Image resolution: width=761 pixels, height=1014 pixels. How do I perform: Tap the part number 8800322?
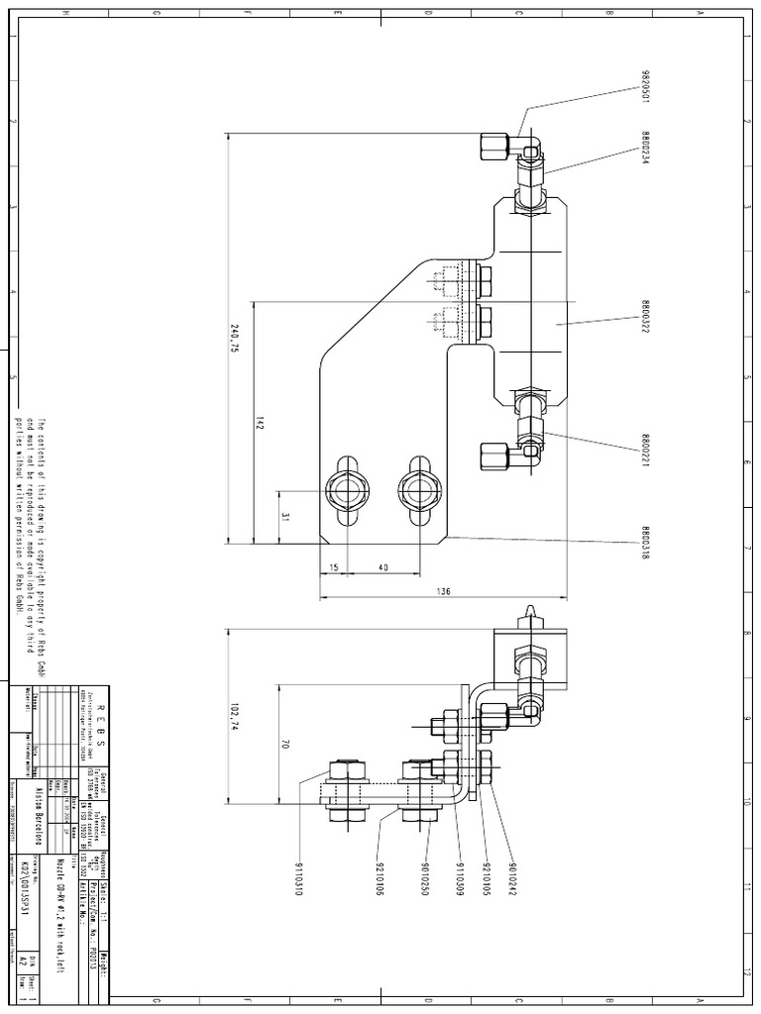pyautogui.click(x=644, y=319)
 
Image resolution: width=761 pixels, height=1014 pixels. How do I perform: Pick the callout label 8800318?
pyautogui.click(x=644, y=542)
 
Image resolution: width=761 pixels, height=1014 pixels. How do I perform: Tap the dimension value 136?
pyautogui.click(x=443, y=591)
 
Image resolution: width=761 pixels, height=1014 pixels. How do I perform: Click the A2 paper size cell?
pyautogui.click(x=24, y=962)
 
